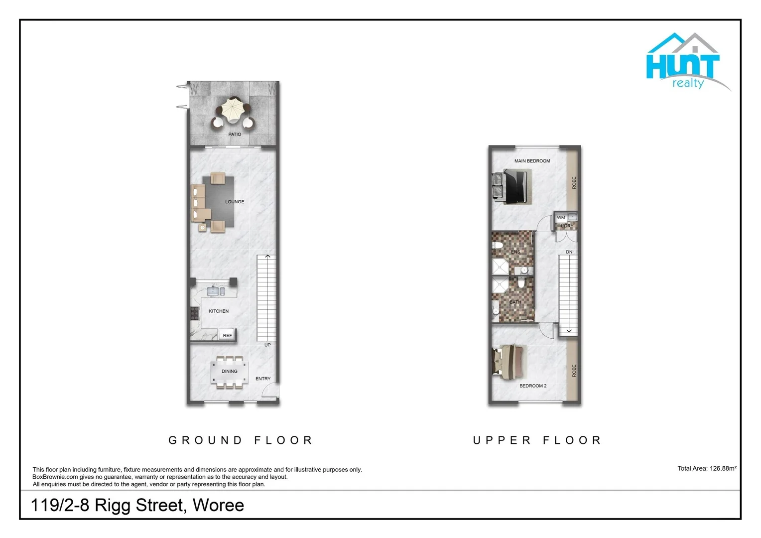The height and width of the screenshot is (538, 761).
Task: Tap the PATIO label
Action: (235, 134)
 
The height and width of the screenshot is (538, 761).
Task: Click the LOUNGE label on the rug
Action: (235, 202)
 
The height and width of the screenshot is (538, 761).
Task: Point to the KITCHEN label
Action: (219, 311)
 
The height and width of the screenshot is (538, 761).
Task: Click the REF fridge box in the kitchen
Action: (227, 335)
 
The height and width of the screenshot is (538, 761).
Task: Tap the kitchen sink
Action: (216, 290)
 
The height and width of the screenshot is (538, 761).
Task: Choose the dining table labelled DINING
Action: (230, 372)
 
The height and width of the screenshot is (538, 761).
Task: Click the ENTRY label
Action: (263, 379)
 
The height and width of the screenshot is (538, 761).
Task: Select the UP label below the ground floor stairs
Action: (267, 345)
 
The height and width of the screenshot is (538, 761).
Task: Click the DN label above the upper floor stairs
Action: (569, 252)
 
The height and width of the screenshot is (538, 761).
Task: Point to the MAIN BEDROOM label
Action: (532, 161)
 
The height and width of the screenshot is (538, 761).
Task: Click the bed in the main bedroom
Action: (513, 186)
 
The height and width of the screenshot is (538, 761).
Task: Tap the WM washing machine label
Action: (561, 218)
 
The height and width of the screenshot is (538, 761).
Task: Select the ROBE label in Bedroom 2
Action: (574, 371)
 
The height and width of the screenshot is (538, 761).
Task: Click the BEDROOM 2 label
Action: (533, 386)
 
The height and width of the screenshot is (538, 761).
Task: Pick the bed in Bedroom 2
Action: (508, 360)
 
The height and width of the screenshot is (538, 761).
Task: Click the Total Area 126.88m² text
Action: (707, 468)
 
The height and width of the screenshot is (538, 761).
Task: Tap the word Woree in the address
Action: (218, 505)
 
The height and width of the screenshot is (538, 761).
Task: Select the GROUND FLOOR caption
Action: (241, 440)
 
